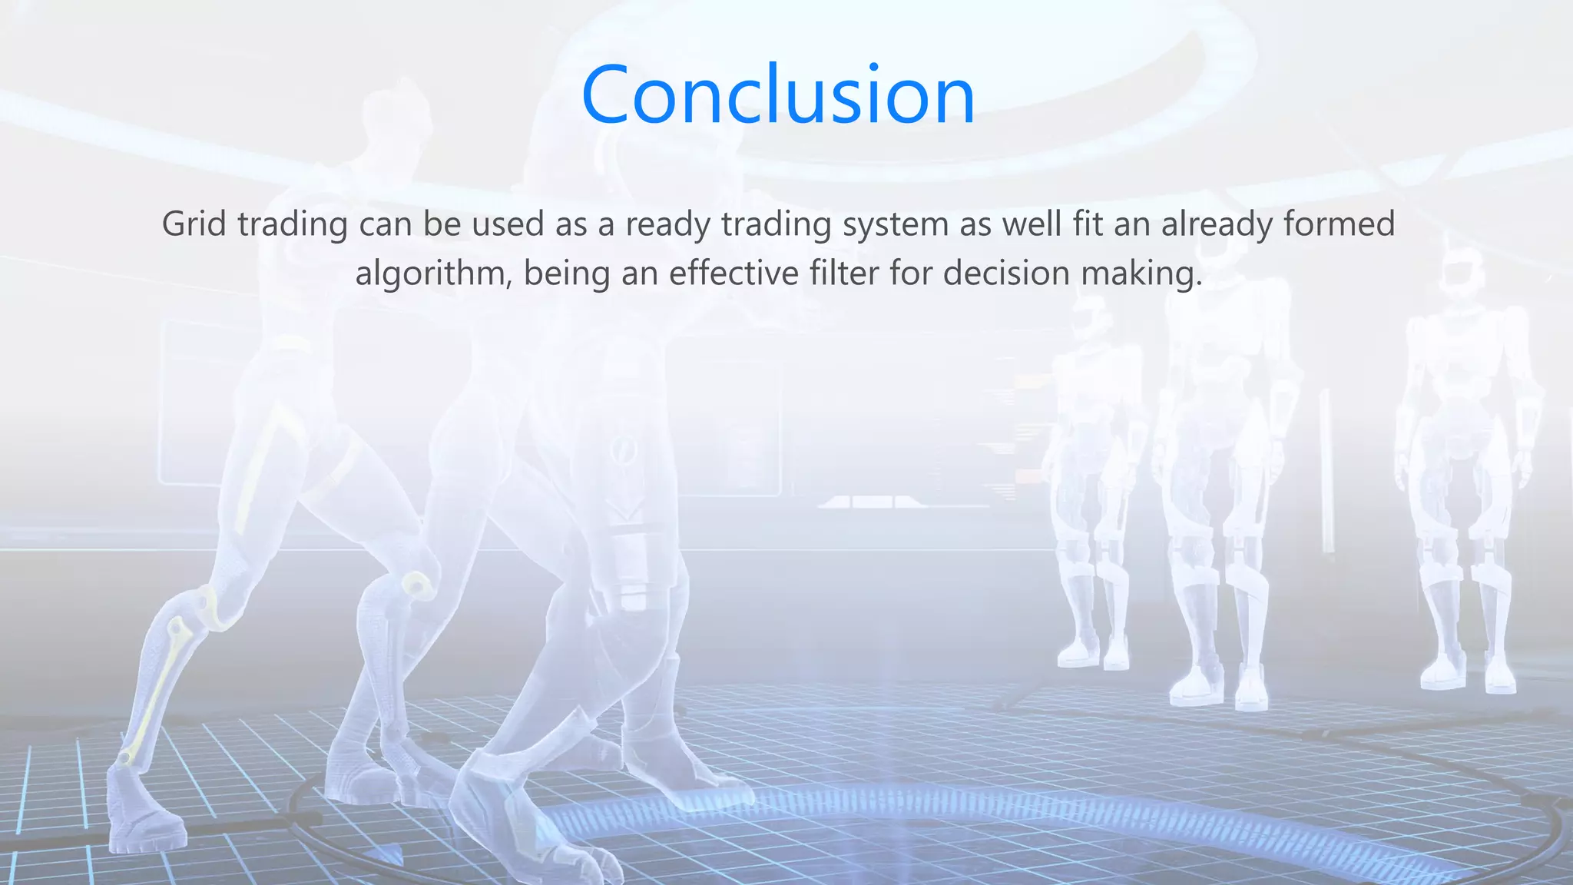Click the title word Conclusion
(778, 95)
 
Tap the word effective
(734, 273)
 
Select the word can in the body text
(385, 224)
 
